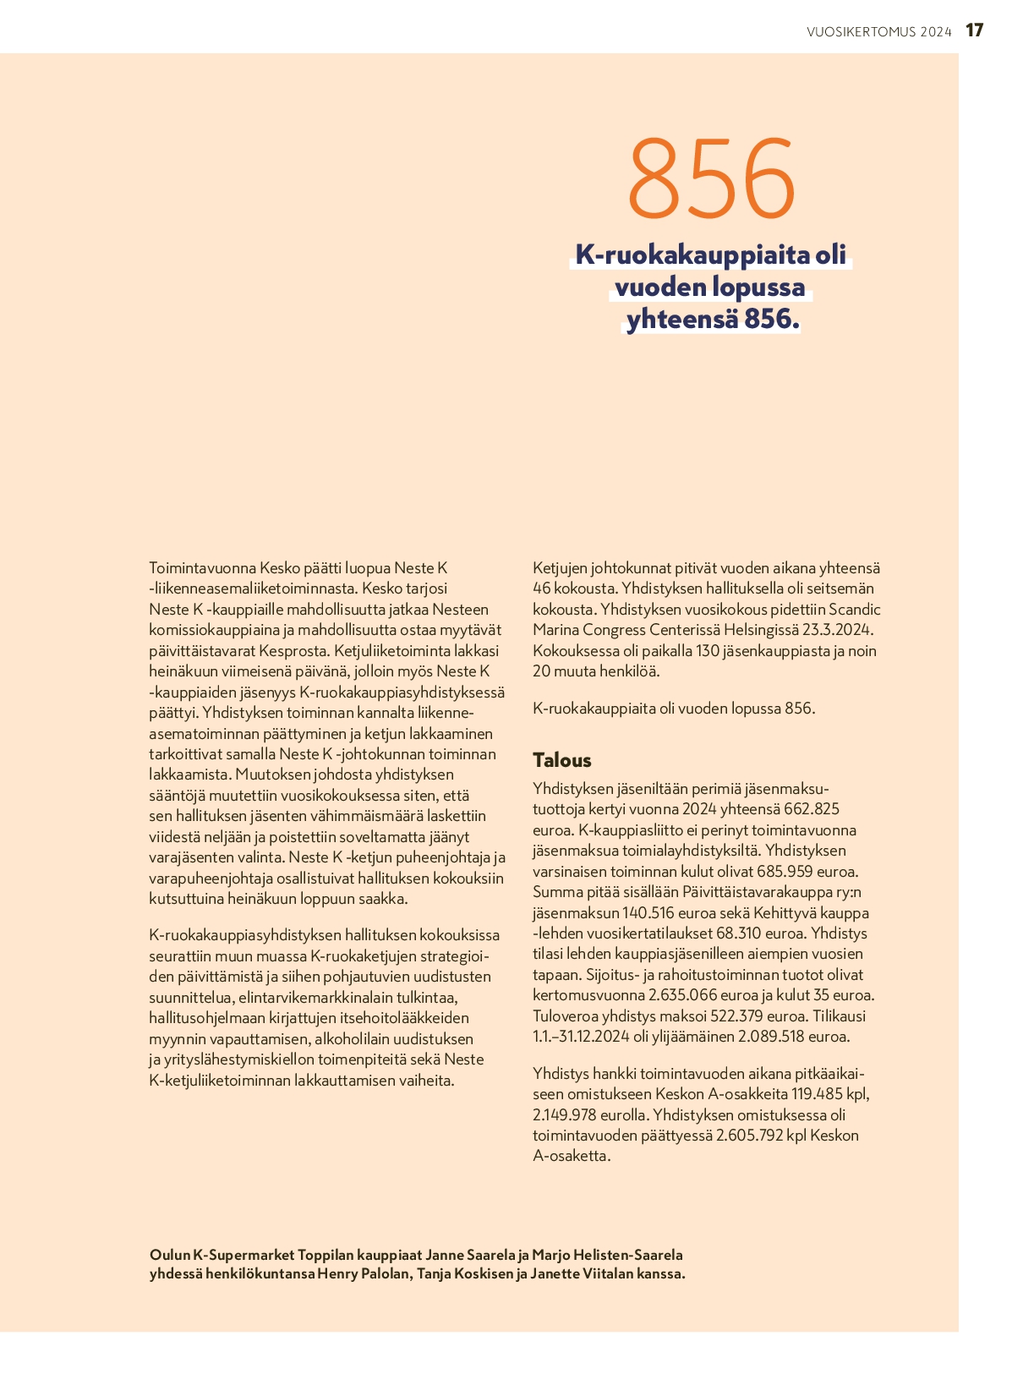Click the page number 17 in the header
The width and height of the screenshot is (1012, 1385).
974,30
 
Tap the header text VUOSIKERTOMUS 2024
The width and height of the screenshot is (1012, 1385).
878,32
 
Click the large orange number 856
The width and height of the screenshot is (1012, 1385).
711,178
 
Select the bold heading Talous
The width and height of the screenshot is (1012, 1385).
561,760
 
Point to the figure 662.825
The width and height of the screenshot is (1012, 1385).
812,809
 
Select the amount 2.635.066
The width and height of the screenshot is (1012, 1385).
682,995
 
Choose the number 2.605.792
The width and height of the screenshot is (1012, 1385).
748,1136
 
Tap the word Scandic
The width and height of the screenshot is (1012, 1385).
854,610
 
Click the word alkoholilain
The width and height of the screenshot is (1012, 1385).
358,1039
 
